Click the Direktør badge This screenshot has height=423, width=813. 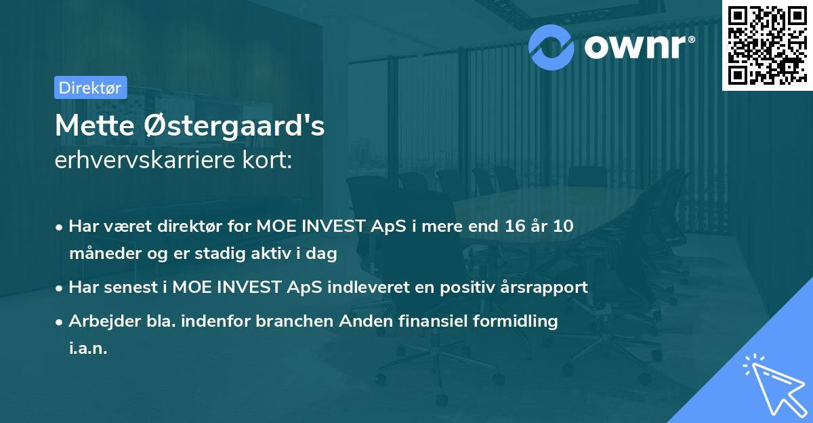pos(90,87)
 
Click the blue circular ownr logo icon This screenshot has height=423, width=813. pos(551,45)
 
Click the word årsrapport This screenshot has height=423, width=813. pos(548,287)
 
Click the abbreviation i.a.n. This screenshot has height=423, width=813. pos(88,349)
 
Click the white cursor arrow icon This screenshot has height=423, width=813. pos(772,383)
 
